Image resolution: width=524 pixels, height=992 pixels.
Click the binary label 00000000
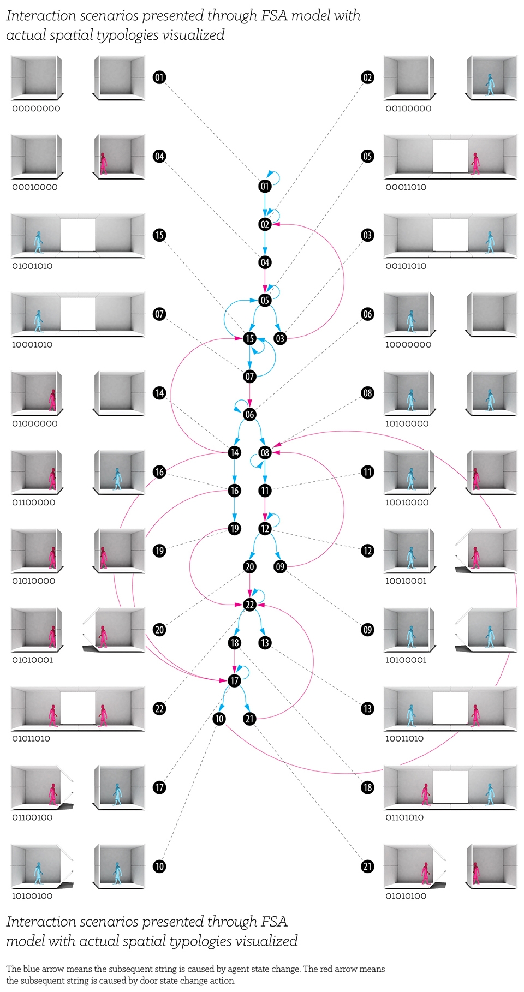36,109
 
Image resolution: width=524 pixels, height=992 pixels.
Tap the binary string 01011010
31,738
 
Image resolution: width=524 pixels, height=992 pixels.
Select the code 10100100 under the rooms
32,896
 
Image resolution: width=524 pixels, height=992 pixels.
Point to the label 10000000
408,345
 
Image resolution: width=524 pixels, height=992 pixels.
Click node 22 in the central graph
250,605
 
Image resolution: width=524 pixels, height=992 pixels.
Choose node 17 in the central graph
235,680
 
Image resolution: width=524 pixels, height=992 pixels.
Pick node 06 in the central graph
250,415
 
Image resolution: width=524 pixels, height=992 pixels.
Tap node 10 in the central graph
219,719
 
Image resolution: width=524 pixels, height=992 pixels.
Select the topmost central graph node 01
265,186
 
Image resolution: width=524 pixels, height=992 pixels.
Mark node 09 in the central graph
280,566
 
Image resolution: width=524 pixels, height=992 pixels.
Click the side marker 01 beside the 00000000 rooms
159,77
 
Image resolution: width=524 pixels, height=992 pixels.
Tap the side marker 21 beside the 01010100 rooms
368,866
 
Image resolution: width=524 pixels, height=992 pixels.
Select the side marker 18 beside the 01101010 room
368,787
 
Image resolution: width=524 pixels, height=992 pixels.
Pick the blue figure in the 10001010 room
38,321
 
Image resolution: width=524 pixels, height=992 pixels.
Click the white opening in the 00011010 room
451,157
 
